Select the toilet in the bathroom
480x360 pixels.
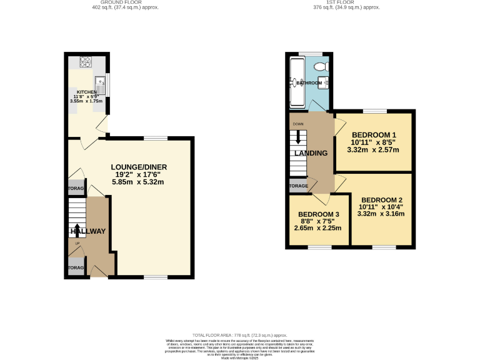[321, 66]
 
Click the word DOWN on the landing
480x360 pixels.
[297, 124]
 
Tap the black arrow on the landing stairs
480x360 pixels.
[297, 137]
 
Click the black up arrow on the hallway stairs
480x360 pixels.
[77, 229]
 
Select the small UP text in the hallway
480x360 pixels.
[77, 243]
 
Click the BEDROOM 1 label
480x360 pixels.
[374, 135]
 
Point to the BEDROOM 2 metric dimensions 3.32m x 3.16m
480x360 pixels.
[381, 214]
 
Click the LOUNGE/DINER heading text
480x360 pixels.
[139, 167]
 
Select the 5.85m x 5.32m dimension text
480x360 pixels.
[139, 182]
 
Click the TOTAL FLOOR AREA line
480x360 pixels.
[239, 336]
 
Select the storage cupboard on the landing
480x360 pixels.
[298, 186]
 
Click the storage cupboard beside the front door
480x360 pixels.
[76, 267]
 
